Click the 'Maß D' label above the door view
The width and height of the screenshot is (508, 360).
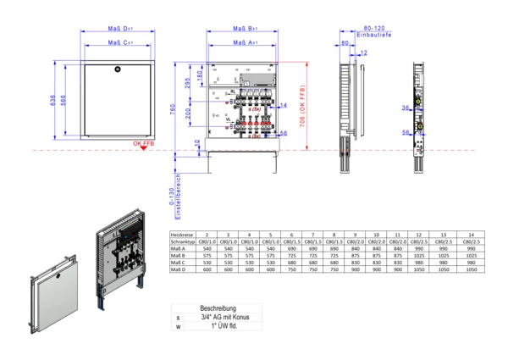tap(117, 28)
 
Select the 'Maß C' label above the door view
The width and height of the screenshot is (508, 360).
tap(117, 41)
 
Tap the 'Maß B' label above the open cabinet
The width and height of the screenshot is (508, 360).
tap(246, 28)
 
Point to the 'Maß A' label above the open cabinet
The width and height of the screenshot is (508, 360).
tap(246, 41)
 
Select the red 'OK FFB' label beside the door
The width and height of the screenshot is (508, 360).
tap(143, 145)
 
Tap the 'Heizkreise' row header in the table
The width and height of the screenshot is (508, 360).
tap(184, 234)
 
